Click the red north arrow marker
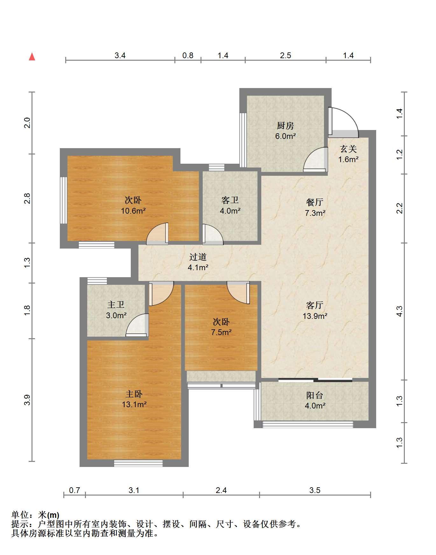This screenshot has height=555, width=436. coord(32,57)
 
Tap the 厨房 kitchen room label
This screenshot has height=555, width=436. coord(285,126)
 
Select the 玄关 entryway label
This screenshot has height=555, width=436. coord(348,149)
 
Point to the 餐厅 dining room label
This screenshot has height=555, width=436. coord(315,202)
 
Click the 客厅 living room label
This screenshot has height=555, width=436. coord(315,305)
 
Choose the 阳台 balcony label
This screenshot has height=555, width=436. coord(315,395)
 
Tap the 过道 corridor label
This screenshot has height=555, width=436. coord(198,257)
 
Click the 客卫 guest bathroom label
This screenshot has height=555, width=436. coord(230,200)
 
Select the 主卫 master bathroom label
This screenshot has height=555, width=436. coord(116,305)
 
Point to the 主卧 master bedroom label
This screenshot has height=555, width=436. coord(134,394)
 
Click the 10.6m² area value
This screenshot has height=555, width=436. coord(133,211)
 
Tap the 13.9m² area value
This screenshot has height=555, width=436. coord(315,316)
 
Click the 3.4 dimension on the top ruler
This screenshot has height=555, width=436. coord(120,55)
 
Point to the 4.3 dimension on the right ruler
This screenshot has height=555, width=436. coord(400,311)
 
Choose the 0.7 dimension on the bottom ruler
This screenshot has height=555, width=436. coord(74,490)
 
